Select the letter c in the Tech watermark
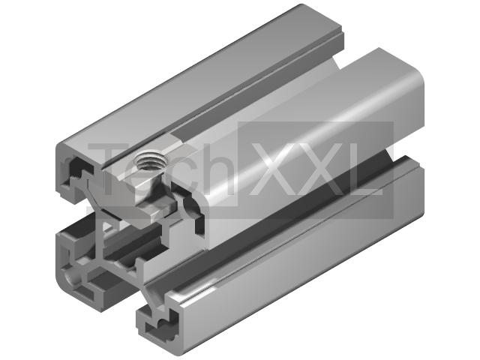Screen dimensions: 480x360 pos(178,175)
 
